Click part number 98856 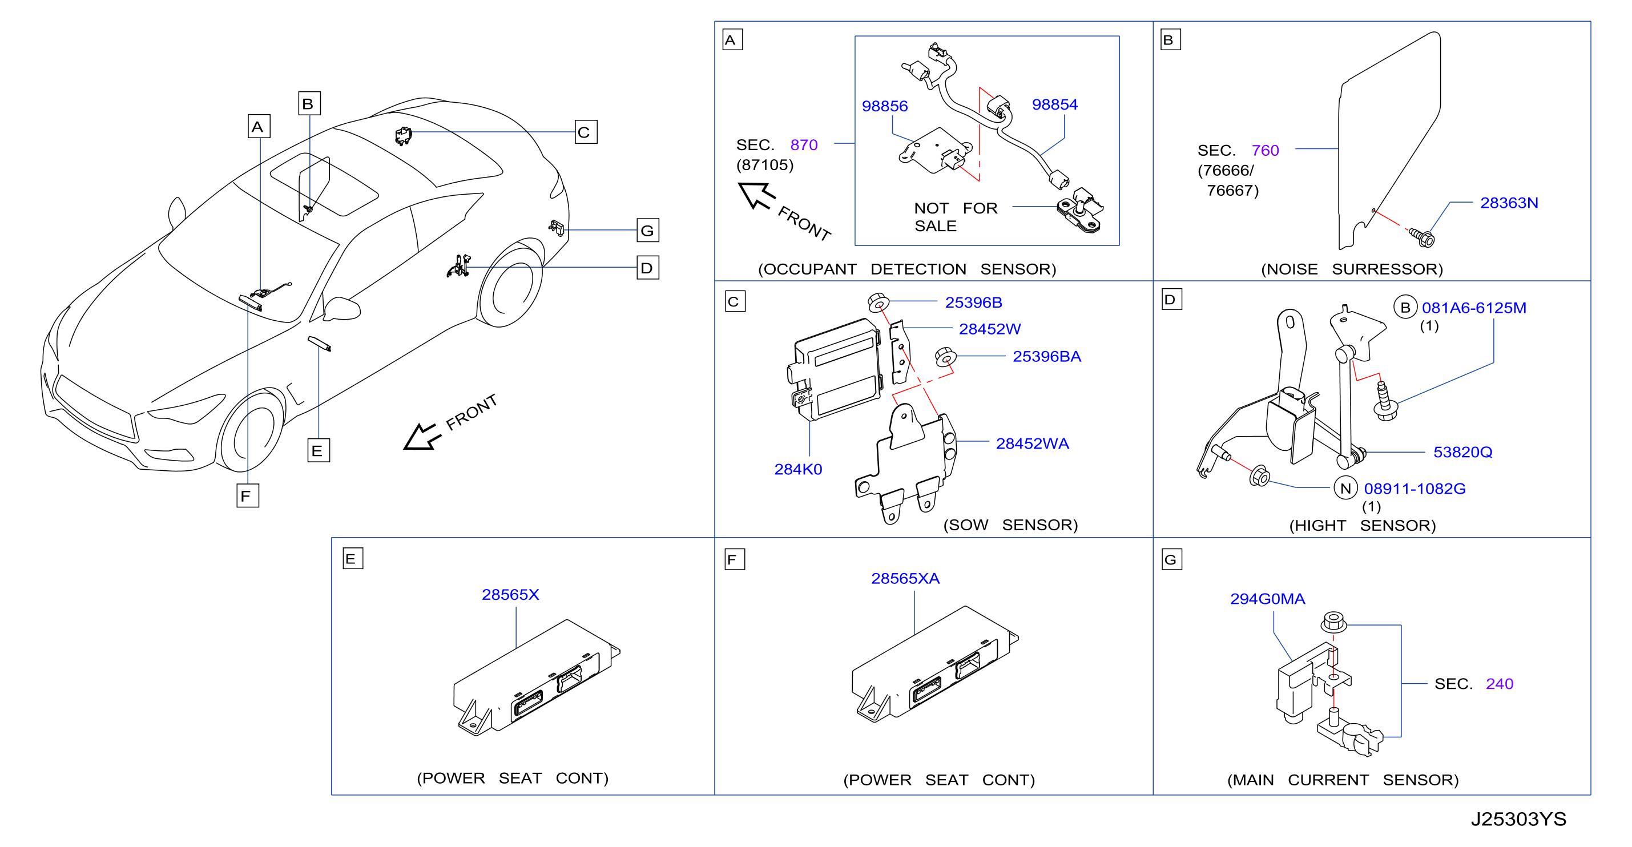click(x=884, y=106)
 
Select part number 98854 click(x=1054, y=104)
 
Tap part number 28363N click(x=1509, y=203)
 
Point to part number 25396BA click(x=1046, y=357)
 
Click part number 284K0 click(x=797, y=469)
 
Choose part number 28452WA click(x=1032, y=443)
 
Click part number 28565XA click(x=905, y=578)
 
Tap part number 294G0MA click(x=1267, y=599)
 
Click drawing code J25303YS click(x=1518, y=819)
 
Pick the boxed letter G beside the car click(x=647, y=231)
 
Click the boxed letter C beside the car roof click(x=586, y=132)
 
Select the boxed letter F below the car click(x=247, y=495)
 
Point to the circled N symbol click(x=1345, y=489)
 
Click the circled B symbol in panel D click(x=1405, y=308)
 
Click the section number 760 click(x=1264, y=151)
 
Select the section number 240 click(x=1499, y=684)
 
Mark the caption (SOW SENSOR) click(x=1010, y=525)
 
